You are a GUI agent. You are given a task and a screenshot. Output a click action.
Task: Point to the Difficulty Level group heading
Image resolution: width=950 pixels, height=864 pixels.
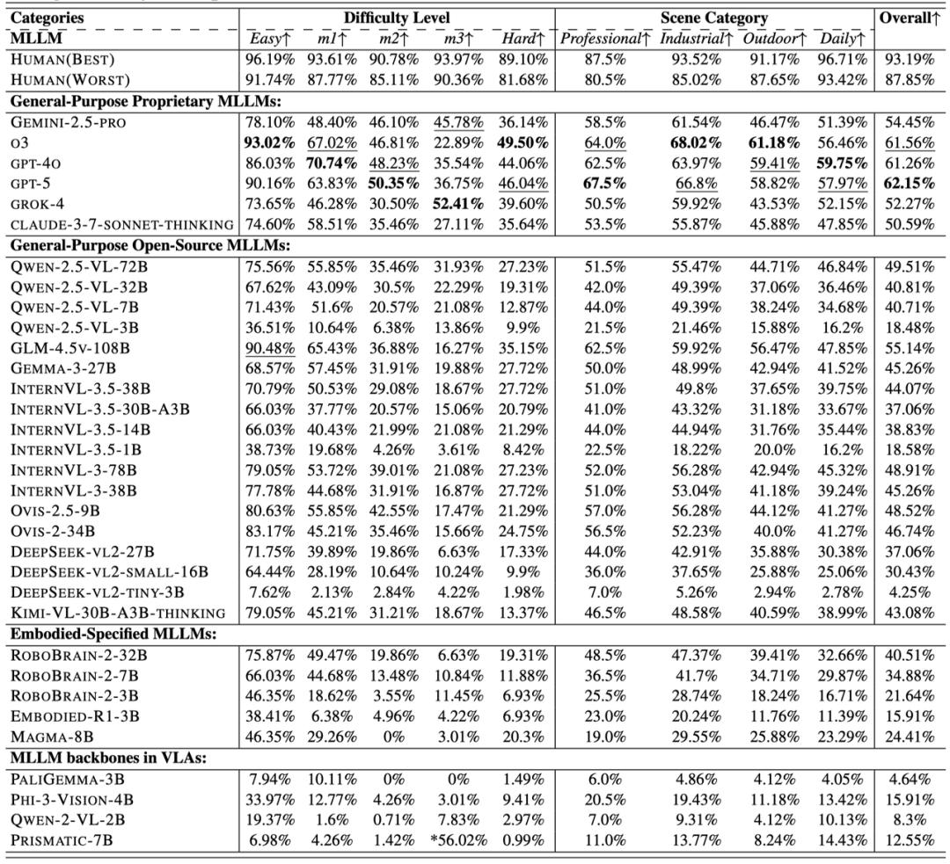point(397,18)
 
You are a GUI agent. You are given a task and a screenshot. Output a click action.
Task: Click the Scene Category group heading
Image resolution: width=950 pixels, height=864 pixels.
point(714,18)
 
